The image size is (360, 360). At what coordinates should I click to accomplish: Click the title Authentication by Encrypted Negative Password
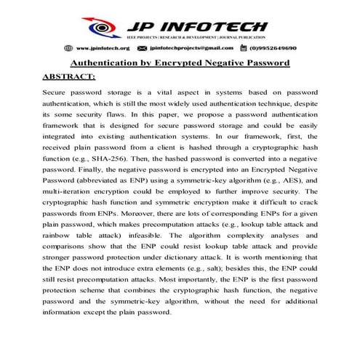point(180,63)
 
